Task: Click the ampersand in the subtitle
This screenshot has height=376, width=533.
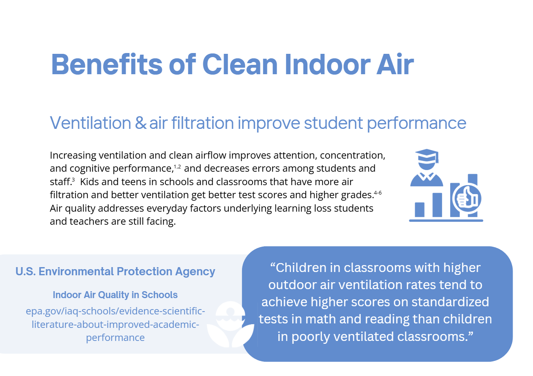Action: (140, 123)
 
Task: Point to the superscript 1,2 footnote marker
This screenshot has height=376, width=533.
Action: (177, 166)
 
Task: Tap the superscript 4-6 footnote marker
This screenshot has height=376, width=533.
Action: (378, 192)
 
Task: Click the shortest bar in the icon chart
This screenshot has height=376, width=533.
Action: (420, 209)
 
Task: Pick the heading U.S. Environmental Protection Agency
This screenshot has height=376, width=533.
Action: (115, 272)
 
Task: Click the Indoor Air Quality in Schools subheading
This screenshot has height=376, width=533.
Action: (115, 295)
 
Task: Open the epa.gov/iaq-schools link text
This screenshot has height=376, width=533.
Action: (115, 325)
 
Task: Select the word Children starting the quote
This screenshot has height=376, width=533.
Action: (304, 268)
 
